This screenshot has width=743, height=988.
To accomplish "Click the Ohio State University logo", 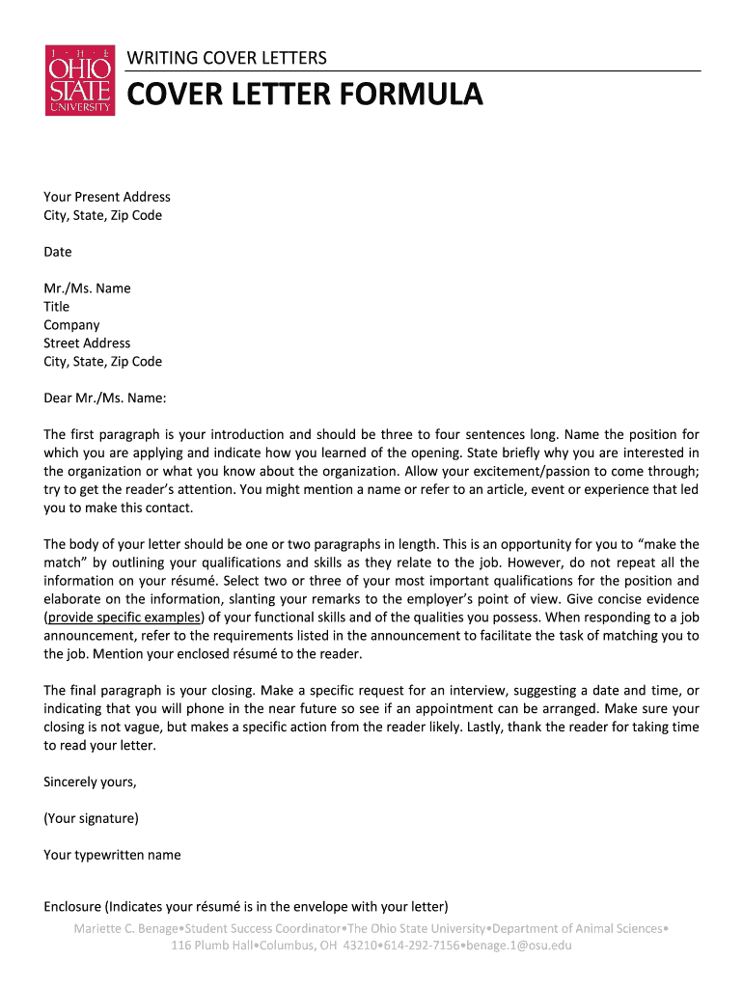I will [x=80, y=80].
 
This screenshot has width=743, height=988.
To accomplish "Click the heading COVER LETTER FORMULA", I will [x=305, y=96].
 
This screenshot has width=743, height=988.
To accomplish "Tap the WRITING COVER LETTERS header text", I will [x=227, y=59].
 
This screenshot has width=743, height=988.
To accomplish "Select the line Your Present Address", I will [x=107, y=197].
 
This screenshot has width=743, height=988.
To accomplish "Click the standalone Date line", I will [x=58, y=252].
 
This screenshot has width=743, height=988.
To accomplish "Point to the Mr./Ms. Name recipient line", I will [x=87, y=288].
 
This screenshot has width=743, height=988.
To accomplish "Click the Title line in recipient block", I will [x=56, y=307].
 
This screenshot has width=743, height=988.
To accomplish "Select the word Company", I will [x=71, y=325].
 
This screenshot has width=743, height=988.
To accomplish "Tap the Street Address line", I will [x=87, y=343].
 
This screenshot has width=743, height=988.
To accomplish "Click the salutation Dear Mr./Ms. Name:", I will [x=105, y=398].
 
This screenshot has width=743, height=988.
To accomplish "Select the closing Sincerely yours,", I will [x=90, y=782].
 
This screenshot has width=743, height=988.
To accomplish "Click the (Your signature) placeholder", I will [x=91, y=818].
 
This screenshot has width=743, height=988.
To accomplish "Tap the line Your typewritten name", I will [x=112, y=855].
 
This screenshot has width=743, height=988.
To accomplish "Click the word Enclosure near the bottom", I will [x=72, y=907].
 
